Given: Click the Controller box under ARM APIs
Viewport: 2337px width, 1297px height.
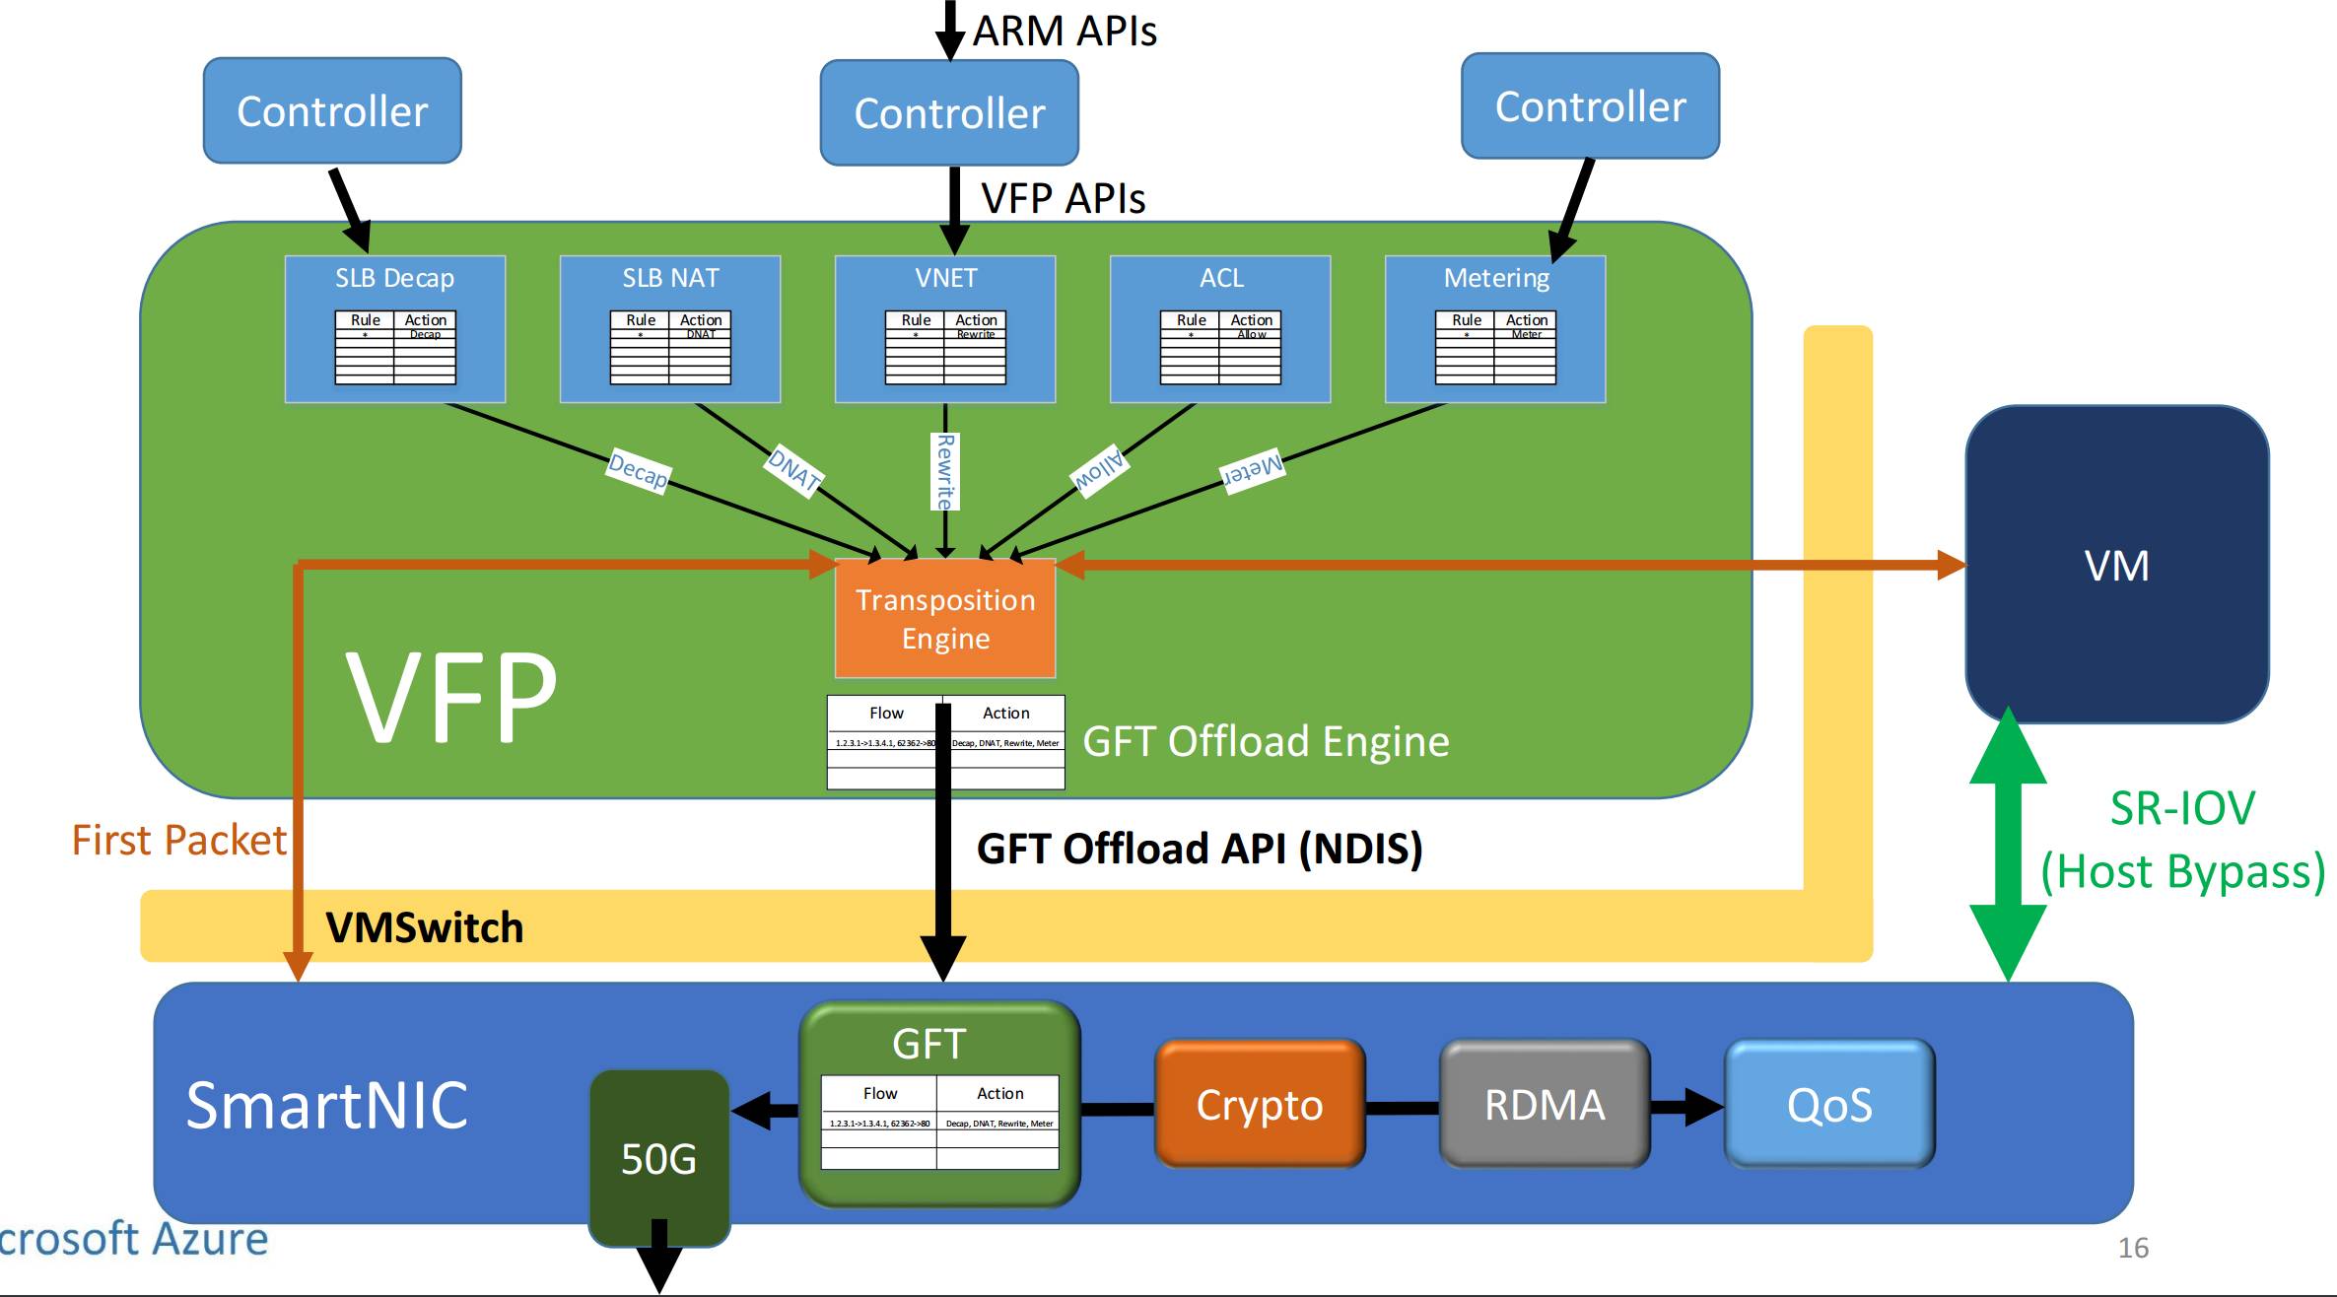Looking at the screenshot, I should tap(949, 113).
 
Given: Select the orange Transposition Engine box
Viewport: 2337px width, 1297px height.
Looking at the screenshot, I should tap(945, 619).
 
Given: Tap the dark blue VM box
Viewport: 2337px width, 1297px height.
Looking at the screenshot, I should tap(2116, 565).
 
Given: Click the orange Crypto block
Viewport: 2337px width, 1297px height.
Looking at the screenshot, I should tap(1259, 1105).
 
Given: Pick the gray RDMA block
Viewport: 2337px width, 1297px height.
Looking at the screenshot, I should tap(1545, 1105).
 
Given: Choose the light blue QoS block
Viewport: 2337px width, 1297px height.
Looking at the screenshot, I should tap(1829, 1105).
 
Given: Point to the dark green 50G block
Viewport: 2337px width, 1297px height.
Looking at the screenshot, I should tap(658, 1158).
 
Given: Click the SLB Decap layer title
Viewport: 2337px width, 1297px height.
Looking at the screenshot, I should tap(394, 278).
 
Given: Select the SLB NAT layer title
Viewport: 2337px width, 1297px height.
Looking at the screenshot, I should tap(670, 278).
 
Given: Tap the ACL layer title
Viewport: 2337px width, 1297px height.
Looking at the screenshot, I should tap(1221, 278).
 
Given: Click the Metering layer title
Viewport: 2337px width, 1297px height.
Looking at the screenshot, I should tap(1496, 278).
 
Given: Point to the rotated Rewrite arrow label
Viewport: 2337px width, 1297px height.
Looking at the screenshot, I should tap(945, 472).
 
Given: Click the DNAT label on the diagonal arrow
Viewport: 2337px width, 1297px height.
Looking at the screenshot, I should tap(794, 469).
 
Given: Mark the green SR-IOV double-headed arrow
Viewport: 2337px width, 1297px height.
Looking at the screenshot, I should tap(2008, 845).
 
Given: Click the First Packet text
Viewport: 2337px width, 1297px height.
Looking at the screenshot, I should tap(179, 841).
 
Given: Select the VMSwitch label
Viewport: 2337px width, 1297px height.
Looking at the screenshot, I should tap(424, 927).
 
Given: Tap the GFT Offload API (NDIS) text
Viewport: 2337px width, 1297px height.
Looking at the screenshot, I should tap(1199, 849).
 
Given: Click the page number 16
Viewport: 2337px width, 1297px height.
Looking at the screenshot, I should tap(2133, 1248).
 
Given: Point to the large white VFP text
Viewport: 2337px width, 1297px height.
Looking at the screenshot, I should tap(451, 697).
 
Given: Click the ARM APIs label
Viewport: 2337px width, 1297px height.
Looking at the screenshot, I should tap(1065, 32).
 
